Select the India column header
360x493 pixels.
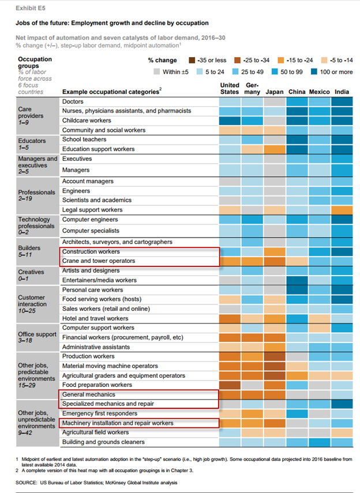pyautogui.click(x=341, y=92)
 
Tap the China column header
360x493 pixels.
pyautogui.click(x=296, y=92)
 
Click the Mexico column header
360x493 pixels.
pyautogui.click(x=318, y=92)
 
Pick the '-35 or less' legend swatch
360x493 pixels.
pyautogui.click(x=193, y=60)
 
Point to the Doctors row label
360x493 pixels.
pyautogui.click(x=73, y=101)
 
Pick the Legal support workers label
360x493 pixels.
pyautogui.click(x=92, y=209)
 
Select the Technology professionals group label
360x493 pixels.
pyautogui.click(x=35, y=225)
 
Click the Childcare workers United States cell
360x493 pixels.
pyautogui.click(x=230, y=121)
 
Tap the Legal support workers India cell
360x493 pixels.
pyautogui.click(x=341, y=209)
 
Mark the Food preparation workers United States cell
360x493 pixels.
pyautogui.click(x=230, y=385)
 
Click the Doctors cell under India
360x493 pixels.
pyautogui.click(x=341, y=101)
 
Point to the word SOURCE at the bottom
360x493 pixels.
pyautogui.click(x=28, y=481)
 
